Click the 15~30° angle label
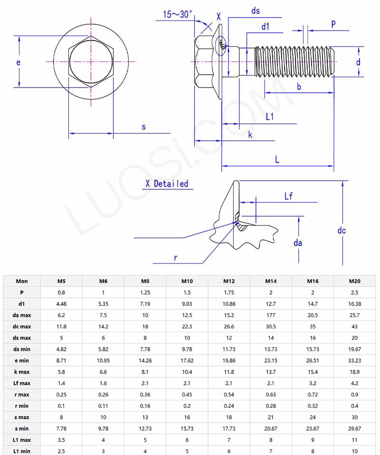click(178, 14)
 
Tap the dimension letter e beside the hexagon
click(18, 62)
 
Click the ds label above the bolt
click(256, 10)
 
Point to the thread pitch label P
click(333, 24)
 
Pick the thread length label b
click(299, 86)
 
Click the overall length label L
click(277, 159)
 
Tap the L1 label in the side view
click(270, 117)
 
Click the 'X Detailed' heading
click(167, 184)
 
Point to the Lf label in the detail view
click(289, 196)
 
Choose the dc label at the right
click(342, 230)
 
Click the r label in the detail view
click(175, 257)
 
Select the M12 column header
click(229, 281)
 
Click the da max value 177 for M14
click(271, 315)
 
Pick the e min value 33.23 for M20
click(354, 360)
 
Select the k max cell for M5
click(61, 372)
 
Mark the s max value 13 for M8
click(145, 417)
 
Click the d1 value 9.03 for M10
click(187, 304)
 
